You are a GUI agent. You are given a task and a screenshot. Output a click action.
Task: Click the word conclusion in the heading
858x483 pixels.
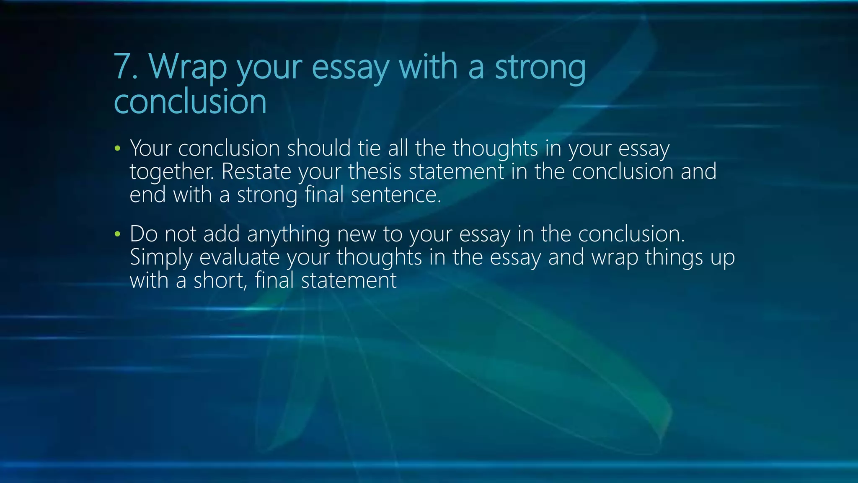tap(190, 101)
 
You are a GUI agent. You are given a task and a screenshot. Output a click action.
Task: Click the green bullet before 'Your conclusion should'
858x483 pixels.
tap(117, 148)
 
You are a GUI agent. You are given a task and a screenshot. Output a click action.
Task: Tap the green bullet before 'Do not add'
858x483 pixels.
tap(117, 234)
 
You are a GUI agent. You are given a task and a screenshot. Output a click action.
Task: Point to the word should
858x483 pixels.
tap(318, 148)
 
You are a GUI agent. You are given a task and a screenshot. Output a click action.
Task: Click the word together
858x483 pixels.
tap(172, 172)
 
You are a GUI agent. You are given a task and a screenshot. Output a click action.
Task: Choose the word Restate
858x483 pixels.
tap(256, 171)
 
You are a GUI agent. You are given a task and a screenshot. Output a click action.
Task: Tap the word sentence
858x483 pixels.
tap(396, 195)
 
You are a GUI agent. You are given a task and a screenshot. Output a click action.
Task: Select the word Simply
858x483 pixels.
tap(161, 258)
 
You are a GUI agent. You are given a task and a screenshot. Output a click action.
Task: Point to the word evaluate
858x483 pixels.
tap(239, 257)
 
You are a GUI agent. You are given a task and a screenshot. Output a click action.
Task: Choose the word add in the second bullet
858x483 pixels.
tap(222, 234)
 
